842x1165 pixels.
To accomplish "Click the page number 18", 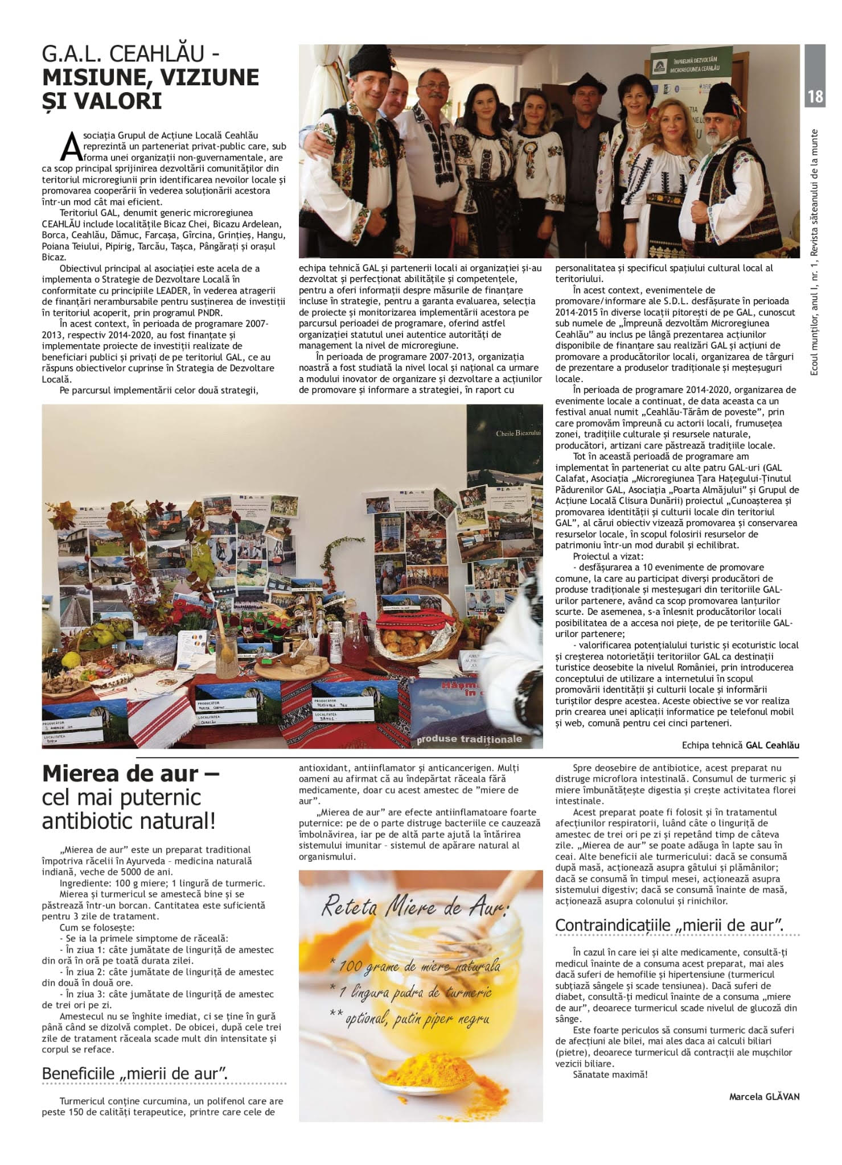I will click(x=815, y=97).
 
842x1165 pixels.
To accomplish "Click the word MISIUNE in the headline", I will click(x=88, y=77).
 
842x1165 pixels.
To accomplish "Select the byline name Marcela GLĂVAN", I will click(x=763, y=1096).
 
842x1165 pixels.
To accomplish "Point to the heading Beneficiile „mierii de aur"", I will click(x=135, y=1073).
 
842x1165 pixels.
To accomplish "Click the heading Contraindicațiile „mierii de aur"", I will click(x=669, y=926).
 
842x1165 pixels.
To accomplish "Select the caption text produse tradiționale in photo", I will click(x=469, y=739).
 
